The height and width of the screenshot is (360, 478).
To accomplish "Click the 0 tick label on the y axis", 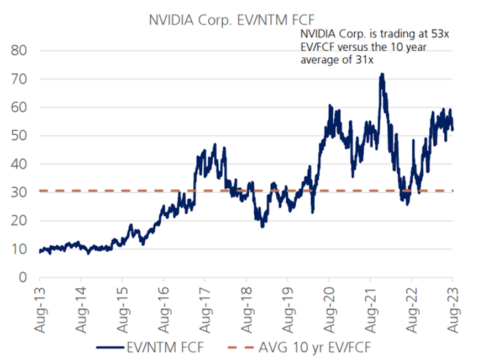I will [25, 277].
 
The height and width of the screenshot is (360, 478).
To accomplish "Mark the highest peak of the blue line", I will [381, 74].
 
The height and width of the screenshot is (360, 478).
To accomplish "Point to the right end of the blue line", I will [453, 130].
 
